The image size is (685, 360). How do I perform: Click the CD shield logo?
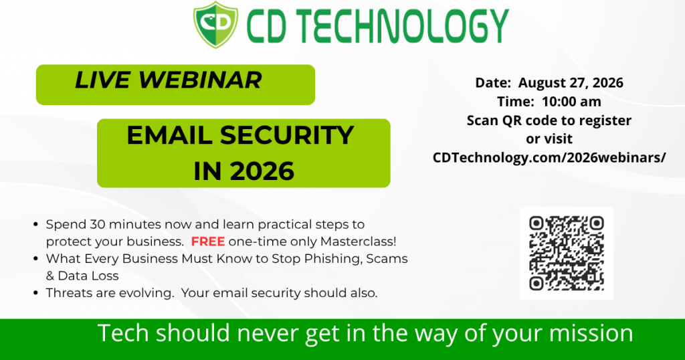click(x=216, y=25)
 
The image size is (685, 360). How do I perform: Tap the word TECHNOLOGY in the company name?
click(x=400, y=26)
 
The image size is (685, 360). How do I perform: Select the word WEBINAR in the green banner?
click(x=200, y=80)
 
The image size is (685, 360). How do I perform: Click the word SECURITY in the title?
click(x=287, y=135)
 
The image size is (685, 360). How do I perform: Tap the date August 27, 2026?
click(x=571, y=83)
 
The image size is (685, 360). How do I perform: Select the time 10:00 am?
click(x=571, y=101)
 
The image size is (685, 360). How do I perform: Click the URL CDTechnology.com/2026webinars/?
click(x=549, y=158)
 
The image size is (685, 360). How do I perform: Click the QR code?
click(x=566, y=253)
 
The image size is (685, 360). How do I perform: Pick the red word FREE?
click(x=208, y=241)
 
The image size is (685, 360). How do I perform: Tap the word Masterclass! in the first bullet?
click(x=359, y=241)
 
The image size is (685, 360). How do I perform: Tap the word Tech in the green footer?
click(x=124, y=333)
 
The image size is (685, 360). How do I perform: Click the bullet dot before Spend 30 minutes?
click(x=36, y=225)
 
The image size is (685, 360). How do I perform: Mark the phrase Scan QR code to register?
click(x=549, y=120)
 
